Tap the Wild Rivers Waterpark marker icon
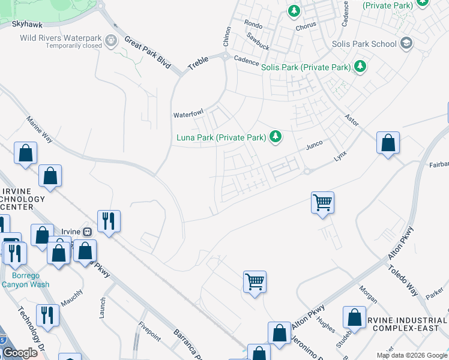click(111, 41)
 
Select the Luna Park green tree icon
click(276, 137)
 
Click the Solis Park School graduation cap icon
click(406, 43)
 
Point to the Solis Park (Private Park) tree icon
click(360, 66)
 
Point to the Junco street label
click(315, 145)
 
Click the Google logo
click(20, 353)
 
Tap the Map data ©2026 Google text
click(411, 355)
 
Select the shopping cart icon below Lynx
click(322, 203)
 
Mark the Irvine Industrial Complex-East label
click(409, 323)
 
